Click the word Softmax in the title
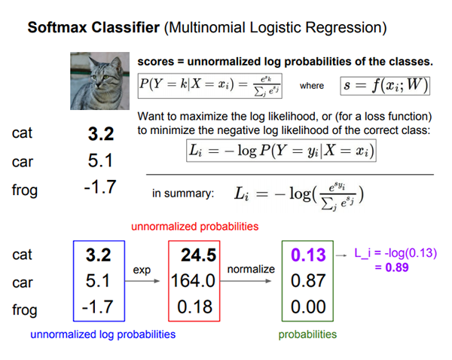click(x=57, y=28)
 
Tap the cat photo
click(x=99, y=81)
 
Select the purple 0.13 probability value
click(x=308, y=255)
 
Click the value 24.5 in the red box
click(x=198, y=255)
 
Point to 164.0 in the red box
click(x=193, y=280)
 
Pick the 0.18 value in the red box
click(x=195, y=307)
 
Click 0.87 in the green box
click(x=308, y=280)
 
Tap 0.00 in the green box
click(x=308, y=307)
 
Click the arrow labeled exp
click(x=142, y=281)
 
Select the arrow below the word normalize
click(x=246, y=281)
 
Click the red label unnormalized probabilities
click(x=195, y=227)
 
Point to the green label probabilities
click(x=307, y=334)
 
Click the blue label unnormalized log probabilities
click(x=103, y=334)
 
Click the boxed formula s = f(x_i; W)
click(x=385, y=86)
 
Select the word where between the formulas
click(x=312, y=86)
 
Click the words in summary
click(x=183, y=193)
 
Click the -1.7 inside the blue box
click(x=98, y=307)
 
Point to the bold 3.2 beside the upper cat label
click(x=101, y=134)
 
